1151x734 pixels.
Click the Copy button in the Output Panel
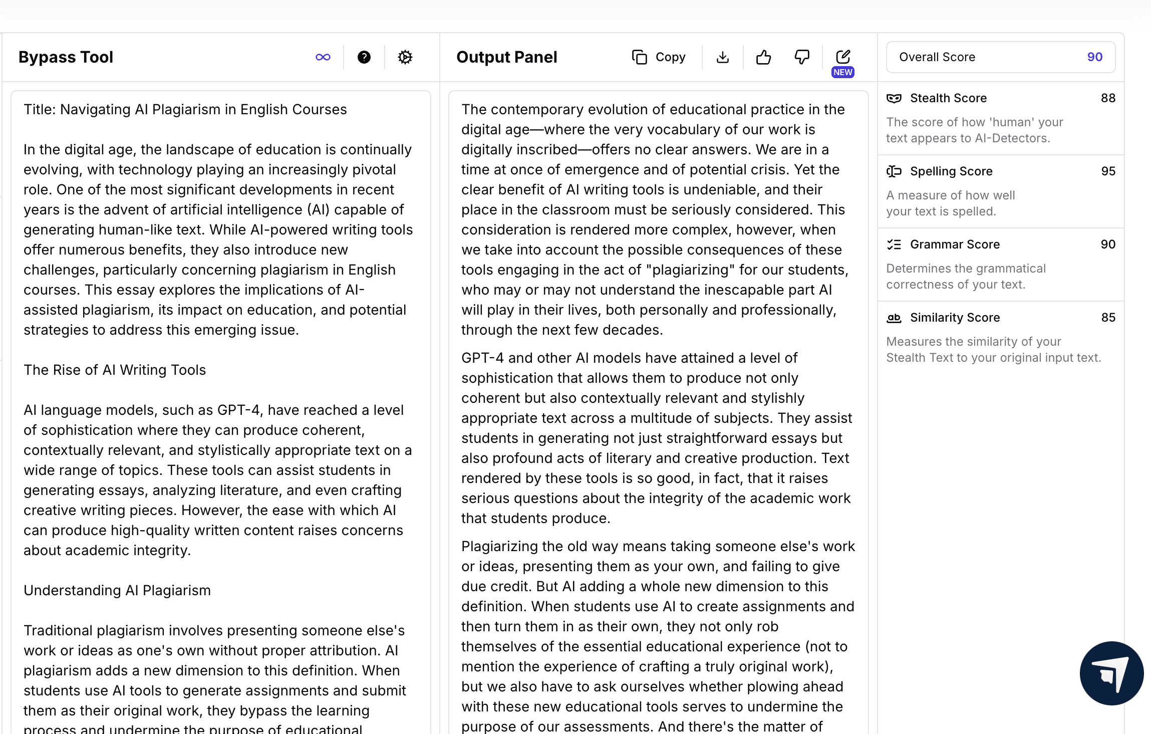coord(659,57)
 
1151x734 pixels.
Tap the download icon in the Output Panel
coord(722,57)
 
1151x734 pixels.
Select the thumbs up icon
coord(763,57)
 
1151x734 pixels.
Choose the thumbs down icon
coord(802,57)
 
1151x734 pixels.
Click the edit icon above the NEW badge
coord(843,56)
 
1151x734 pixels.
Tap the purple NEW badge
coord(843,72)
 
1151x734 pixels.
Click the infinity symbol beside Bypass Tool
coord(323,57)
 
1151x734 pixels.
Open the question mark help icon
coord(364,57)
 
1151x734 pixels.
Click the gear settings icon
coord(405,57)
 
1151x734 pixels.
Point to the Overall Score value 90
coord(1094,57)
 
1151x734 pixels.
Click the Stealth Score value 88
coord(1108,98)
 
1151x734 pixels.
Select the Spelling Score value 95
coord(1108,171)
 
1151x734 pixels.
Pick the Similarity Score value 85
coord(1108,318)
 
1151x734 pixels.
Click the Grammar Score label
coord(955,244)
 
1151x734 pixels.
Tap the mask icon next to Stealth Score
coord(894,98)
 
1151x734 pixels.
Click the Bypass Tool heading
coord(66,57)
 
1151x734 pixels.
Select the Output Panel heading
coord(506,57)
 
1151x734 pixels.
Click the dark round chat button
coord(1111,673)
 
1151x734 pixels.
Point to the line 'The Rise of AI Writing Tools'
coord(115,370)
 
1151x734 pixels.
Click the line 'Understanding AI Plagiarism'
coord(117,590)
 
